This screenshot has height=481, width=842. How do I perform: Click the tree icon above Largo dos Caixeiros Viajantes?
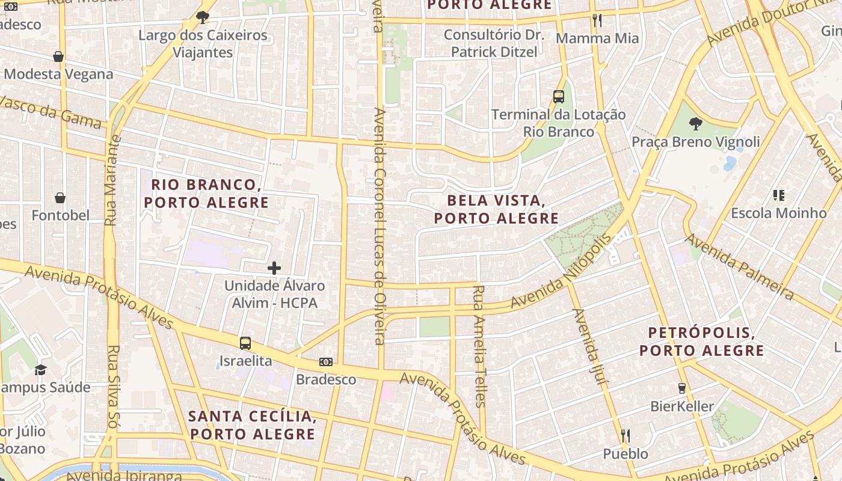[x=203, y=17]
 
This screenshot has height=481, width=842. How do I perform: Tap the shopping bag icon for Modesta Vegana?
[x=58, y=57]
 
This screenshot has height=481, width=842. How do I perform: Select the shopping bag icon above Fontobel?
[x=60, y=198]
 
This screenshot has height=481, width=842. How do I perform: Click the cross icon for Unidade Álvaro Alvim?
[x=274, y=268]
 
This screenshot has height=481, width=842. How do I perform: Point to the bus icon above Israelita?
[x=245, y=343]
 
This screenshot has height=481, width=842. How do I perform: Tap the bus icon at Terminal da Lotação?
[x=559, y=97]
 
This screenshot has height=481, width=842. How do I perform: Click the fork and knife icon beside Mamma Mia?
[x=597, y=20]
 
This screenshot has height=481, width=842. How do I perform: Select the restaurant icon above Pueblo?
[x=625, y=436]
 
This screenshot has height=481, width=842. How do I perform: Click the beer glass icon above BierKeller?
[x=682, y=388]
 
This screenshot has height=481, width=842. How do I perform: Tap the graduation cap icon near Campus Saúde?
[x=40, y=370]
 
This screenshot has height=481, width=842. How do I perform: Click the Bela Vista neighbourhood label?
[x=496, y=209]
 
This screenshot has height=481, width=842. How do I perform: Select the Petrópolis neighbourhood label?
[x=701, y=342]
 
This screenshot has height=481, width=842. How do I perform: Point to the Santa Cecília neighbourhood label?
[x=252, y=424]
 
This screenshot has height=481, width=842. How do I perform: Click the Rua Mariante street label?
[x=112, y=180]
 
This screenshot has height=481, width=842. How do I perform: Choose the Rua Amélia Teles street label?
[x=479, y=346]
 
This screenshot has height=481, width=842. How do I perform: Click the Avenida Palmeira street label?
[x=739, y=266]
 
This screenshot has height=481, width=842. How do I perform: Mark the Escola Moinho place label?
[x=779, y=213]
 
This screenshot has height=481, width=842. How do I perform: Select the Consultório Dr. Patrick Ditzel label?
[x=494, y=43]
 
